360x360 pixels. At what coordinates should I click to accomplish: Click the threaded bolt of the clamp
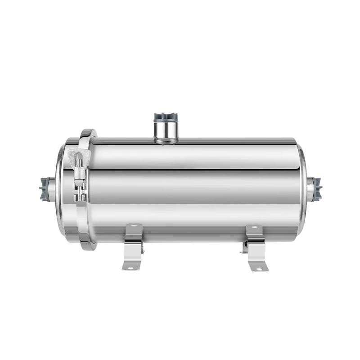pos(78,163)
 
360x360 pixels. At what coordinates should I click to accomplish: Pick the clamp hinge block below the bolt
pos(80,189)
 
